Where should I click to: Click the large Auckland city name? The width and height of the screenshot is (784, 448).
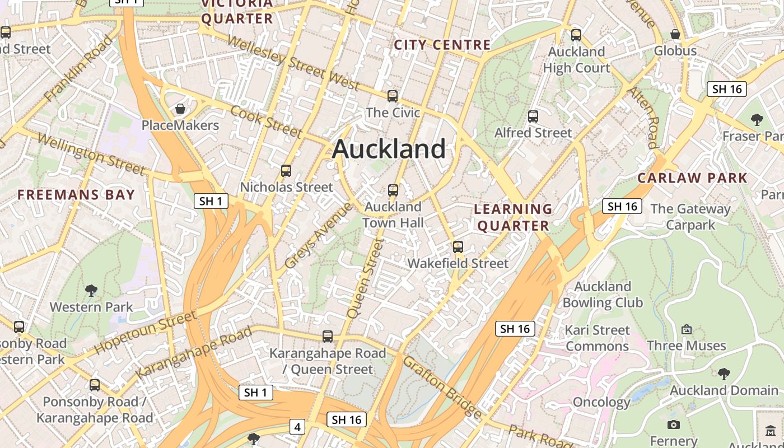pyautogui.click(x=389, y=149)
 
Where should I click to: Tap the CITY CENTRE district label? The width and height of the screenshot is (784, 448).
pyautogui.click(x=442, y=45)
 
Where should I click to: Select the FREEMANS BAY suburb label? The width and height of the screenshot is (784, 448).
pyautogui.click(x=76, y=195)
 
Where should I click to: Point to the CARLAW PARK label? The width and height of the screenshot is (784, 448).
pyautogui.click(x=692, y=178)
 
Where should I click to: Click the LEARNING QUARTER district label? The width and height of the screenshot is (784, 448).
pyautogui.click(x=512, y=217)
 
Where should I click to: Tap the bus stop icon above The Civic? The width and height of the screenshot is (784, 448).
pyautogui.click(x=393, y=96)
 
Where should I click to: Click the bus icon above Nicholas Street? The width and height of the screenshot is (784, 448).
pyautogui.click(x=286, y=171)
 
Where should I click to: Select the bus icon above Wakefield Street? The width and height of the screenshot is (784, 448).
pyautogui.click(x=458, y=247)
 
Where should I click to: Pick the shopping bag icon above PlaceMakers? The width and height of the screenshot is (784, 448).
pyautogui.click(x=180, y=109)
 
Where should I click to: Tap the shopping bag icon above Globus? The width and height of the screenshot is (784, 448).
pyautogui.click(x=675, y=34)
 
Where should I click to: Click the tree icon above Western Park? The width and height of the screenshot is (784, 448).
pyautogui.click(x=91, y=291)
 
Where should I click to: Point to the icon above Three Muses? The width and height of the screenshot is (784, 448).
pyautogui.click(x=687, y=329)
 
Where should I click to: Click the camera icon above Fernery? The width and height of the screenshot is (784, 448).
pyautogui.click(x=674, y=425)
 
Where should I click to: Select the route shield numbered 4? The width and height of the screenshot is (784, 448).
pyautogui.click(x=297, y=427)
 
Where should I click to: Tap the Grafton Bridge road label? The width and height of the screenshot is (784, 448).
pyautogui.click(x=442, y=387)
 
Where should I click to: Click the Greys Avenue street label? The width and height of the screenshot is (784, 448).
pyautogui.click(x=319, y=235)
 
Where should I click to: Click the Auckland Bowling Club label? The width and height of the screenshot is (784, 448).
pyautogui.click(x=603, y=295)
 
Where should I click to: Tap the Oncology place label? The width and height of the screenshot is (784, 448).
pyautogui.click(x=601, y=402)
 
